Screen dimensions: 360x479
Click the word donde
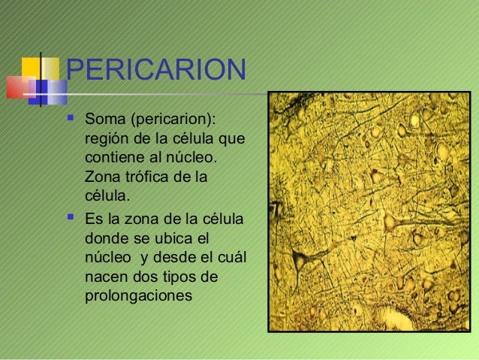107,238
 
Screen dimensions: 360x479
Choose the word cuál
229,258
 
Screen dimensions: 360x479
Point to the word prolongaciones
139,296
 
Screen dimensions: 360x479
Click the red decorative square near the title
18,89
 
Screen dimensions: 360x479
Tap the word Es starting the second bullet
94,219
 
